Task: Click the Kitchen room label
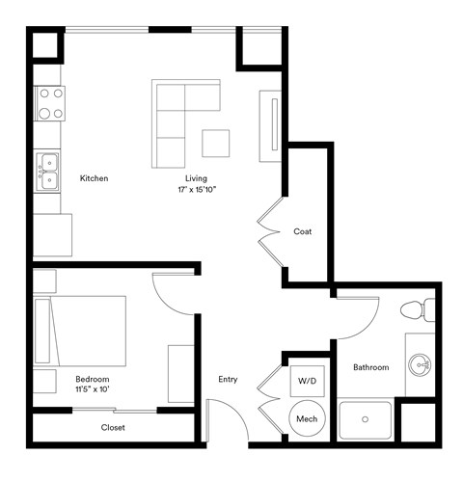[94, 178]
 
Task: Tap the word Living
[197, 178]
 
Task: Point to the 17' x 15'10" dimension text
[197, 190]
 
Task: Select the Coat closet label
[302, 231]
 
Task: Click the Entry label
[228, 379]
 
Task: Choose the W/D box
[306, 380]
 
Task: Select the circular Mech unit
[307, 418]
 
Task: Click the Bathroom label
[370, 367]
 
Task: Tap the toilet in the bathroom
[418, 310]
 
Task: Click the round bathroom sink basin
[420, 365]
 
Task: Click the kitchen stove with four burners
[50, 104]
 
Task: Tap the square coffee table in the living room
[216, 143]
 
